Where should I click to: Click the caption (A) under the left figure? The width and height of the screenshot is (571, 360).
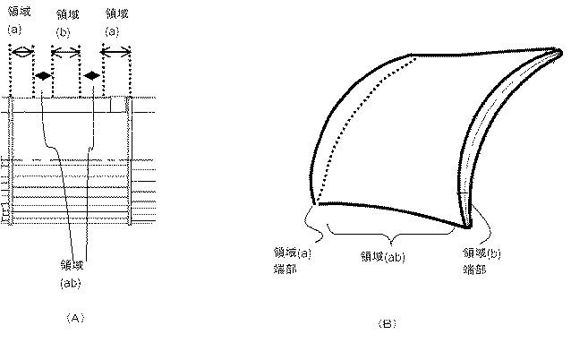[x=75, y=316]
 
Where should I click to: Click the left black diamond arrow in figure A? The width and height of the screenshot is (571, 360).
[x=42, y=77]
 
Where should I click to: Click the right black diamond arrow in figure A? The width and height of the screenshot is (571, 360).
[x=91, y=77]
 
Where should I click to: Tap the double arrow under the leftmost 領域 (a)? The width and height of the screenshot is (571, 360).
[x=21, y=53]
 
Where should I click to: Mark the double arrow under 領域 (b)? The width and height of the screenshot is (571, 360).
[x=66, y=53]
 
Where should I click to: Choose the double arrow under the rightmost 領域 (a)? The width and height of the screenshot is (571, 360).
[x=116, y=53]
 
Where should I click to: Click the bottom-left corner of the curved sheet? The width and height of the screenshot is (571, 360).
[x=312, y=202]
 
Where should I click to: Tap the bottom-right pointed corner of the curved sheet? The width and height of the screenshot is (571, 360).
[x=464, y=224]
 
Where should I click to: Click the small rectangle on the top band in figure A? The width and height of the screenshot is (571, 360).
[x=116, y=105]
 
